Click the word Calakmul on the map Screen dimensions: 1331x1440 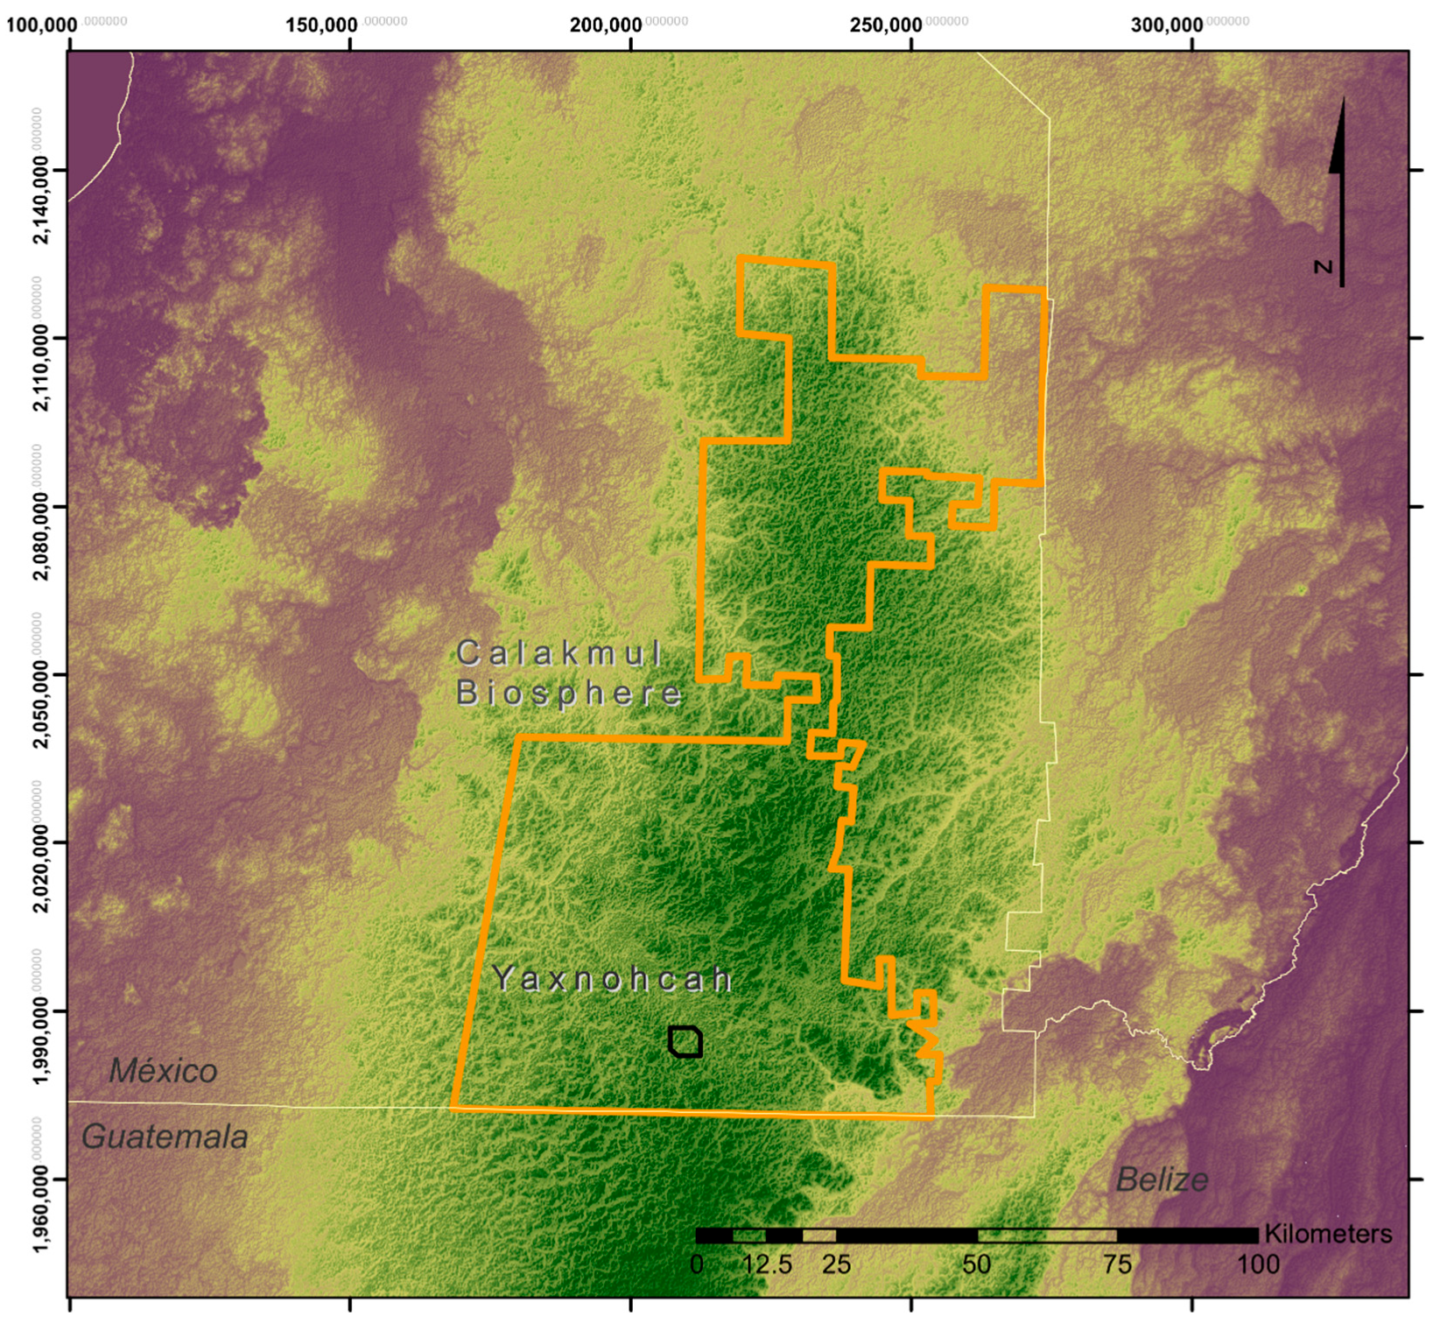[x=558, y=653]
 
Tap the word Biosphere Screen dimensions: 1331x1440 [x=568, y=693]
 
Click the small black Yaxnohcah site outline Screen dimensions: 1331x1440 [x=685, y=1041]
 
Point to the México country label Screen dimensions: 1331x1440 [x=163, y=1071]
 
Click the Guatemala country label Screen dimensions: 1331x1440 [x=165, y=1137]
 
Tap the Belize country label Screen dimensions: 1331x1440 [x=1162, y=1180]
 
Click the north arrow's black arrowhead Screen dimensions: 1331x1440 [x=1338, y=140]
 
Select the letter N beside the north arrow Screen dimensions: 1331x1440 [x=1324, y=266]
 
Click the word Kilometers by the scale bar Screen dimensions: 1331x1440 [x=1328, y=1234]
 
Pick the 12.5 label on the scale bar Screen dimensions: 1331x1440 [x=768, y=1264]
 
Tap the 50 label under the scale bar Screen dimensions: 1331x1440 [x=977, y=1264]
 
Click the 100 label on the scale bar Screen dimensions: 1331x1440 [x=1258, y=1264]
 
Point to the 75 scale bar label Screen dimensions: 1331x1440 [x=1117, y=1264]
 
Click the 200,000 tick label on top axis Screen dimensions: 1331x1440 [x=606, y=25]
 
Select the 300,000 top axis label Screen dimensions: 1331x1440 [x=1167, y=25]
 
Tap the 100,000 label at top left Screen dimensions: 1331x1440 [x=42, y=25]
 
